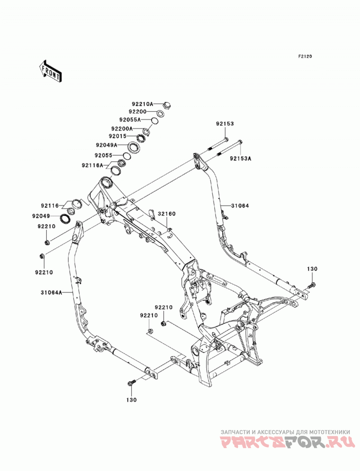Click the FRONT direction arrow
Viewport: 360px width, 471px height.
click(50, 71)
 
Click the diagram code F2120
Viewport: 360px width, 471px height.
click(305, 56)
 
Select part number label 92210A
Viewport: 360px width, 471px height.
click(143, 104)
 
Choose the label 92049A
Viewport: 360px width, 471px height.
click(107, 145)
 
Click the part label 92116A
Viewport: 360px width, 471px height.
click(92, 166)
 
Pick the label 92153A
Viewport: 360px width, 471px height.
click(241, 159)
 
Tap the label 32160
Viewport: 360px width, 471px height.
click(167, 214)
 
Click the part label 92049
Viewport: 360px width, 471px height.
click(41, 216)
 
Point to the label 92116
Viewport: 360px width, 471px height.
click(50, 206)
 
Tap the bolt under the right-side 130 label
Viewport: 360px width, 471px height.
click(312, 284)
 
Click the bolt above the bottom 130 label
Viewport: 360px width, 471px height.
click(131, 382)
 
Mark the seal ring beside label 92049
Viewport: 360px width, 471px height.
click(65, 219)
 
